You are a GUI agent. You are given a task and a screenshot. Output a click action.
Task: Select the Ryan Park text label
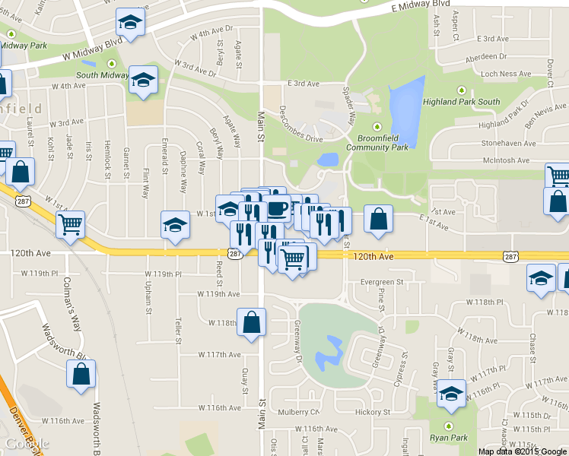(x=448, y=438)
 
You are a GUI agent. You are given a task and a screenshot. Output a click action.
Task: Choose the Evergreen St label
(x=382, y=282)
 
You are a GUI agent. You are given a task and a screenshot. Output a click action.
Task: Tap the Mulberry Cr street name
(x=298, y=413)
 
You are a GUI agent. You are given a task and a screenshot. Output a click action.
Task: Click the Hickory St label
(x=372, y=413)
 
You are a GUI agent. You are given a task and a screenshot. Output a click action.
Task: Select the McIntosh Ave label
(x=502, y=160)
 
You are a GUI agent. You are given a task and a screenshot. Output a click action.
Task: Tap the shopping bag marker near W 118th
(x=251, y=322)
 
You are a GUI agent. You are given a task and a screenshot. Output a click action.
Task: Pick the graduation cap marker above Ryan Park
(x=452, y=392)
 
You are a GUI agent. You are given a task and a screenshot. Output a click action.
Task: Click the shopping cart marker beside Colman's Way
(x=70, y=225)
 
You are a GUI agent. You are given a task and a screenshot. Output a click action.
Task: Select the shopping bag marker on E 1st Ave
(x=378, y=219)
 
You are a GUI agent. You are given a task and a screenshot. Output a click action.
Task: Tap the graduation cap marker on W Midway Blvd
(x=131, y=23)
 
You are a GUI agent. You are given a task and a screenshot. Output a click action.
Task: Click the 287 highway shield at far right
(x=510, y=258)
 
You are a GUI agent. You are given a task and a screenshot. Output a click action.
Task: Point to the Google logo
(x=27, y=444)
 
